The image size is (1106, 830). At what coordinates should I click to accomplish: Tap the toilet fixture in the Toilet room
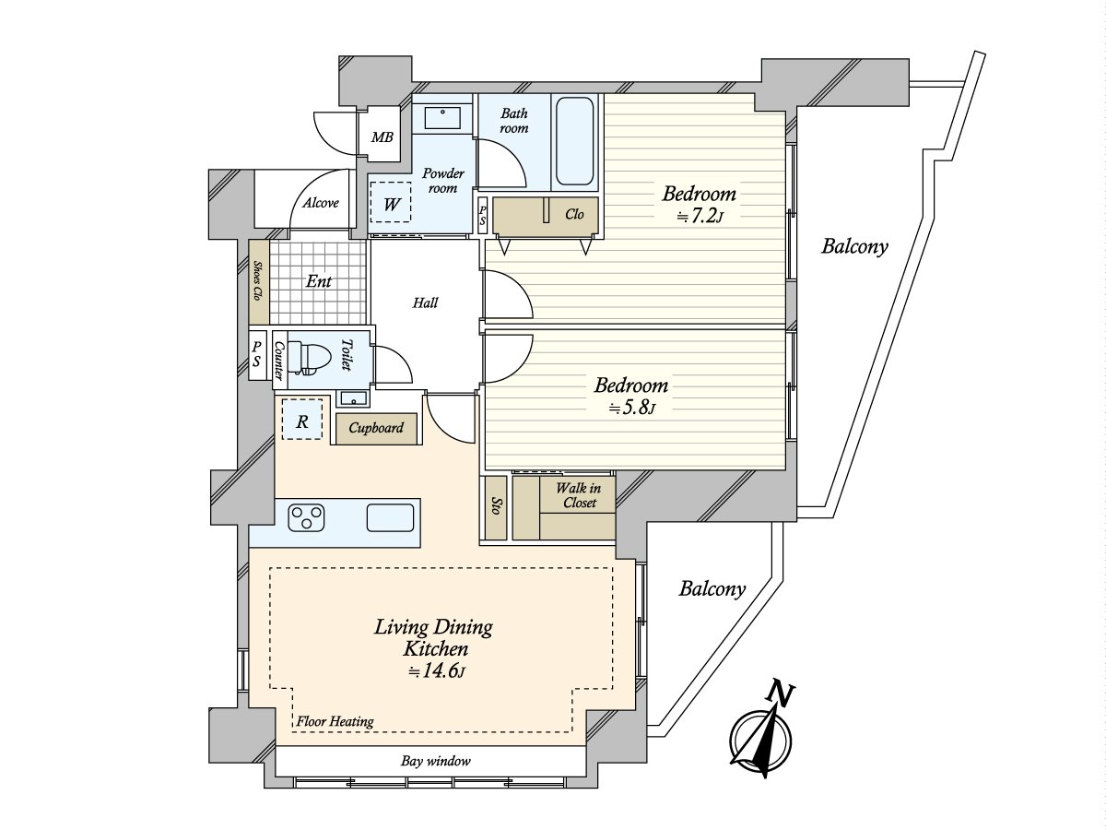[x=310, y=358]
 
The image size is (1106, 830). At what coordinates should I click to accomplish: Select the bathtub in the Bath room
[x=574, y=141]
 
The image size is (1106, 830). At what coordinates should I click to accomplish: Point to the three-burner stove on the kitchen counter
[x=305, y=517]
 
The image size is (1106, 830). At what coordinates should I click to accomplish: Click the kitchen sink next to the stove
[x=390, y=517]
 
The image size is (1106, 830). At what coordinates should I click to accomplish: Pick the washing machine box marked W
[x=391, y=202]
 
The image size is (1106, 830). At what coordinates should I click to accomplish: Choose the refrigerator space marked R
[x=301, y=420]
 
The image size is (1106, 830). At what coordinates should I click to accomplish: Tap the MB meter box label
[x=382, y=136]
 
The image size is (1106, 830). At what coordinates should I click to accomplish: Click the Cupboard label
[x=376, y=428]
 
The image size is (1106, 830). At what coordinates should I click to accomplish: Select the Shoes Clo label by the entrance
[x=257, y=280]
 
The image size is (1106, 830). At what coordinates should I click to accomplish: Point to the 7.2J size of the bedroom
[x=700, y=217]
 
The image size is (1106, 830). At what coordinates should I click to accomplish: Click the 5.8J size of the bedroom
[x=632, y=409]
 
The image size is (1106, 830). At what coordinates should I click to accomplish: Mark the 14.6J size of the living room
[x=436, y=671]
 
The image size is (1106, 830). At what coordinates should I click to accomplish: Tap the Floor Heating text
[x=335, y=722]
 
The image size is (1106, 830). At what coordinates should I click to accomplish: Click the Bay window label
[x=436, y=761]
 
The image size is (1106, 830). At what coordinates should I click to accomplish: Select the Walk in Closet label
[x=579, y=495]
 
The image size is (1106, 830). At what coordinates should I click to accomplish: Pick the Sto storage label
[x=495, y=506]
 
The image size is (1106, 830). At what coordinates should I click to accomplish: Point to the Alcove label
[x=321, y=203]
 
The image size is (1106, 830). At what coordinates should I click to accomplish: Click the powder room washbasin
[x=441, y=117]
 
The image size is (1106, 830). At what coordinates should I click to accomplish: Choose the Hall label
[x=425, y=302]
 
